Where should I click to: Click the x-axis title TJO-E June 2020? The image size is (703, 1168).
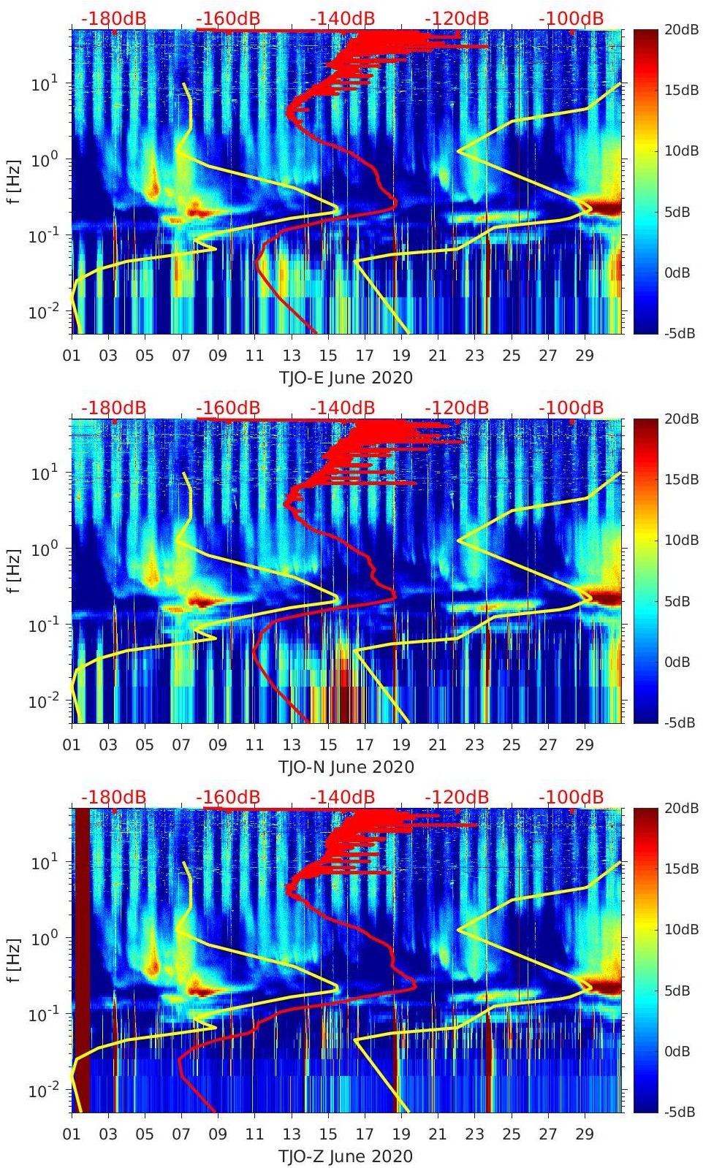346,378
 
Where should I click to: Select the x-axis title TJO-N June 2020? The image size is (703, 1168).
346,767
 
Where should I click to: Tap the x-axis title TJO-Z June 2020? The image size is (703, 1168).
346,1156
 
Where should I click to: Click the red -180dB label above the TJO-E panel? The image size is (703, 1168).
113,18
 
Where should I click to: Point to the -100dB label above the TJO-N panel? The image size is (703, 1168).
571,408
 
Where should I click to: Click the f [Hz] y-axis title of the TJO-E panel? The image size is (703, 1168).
15,181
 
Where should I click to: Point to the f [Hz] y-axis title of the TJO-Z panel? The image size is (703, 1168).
15,960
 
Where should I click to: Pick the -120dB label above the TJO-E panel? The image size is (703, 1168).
457,18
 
